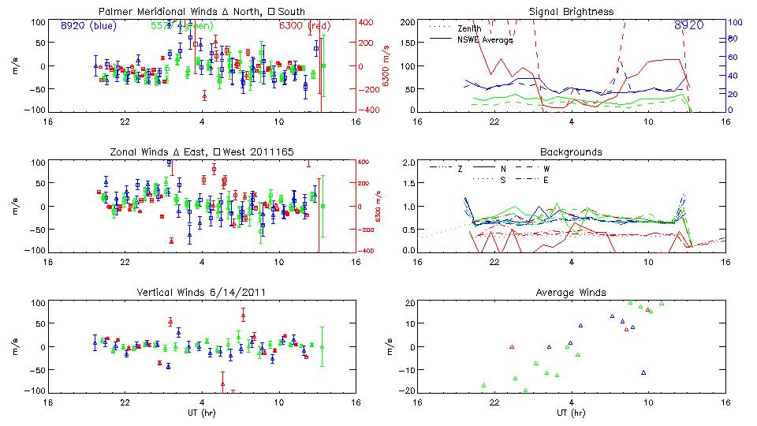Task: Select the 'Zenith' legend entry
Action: pyautogui.click(x=468, y=28)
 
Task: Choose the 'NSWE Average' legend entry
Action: pyautogui.click(x=483, y=39)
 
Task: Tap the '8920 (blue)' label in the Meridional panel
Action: pyautogui.click(x=88, y=25)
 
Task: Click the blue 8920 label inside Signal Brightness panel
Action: pyautogui.click(x=688, y=25)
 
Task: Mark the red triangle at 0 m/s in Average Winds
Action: pyautogui.click(x=512, y=346)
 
